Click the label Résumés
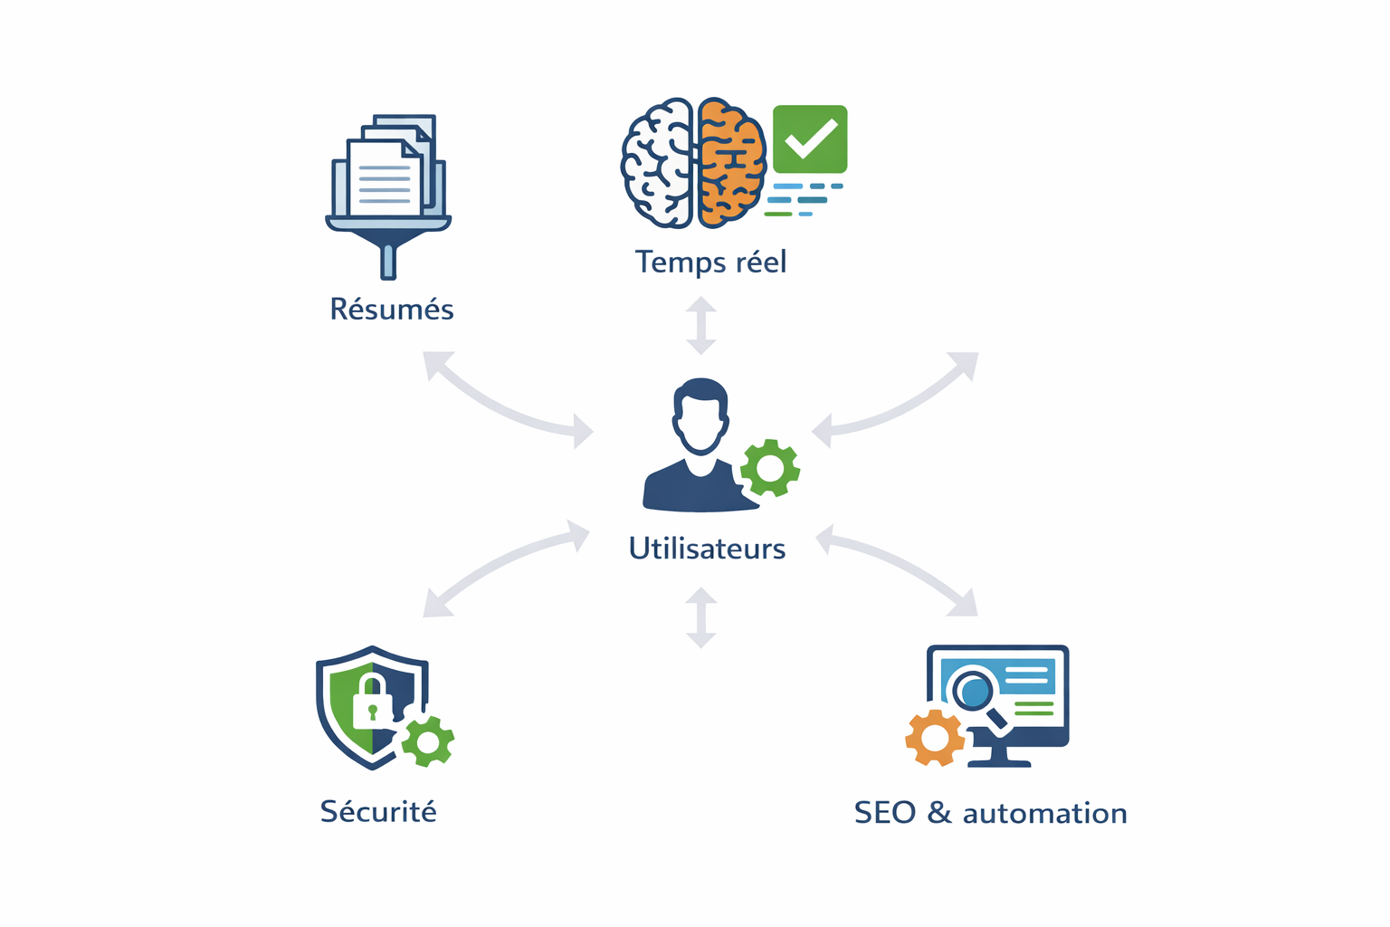(391, 310)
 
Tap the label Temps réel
(710, 262)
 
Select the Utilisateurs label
(707, 549)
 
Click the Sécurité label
(378, 811)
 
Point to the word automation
(1044, 813)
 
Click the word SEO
(885, 813)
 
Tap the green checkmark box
(810, 139)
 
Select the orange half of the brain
(731, 163)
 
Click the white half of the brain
(658, 163)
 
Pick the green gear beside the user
(770, 468)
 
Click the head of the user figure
(700, 416)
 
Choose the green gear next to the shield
(427, 741)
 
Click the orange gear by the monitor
(935, 738)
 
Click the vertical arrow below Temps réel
(701, 325)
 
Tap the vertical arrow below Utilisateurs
(701, 617)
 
